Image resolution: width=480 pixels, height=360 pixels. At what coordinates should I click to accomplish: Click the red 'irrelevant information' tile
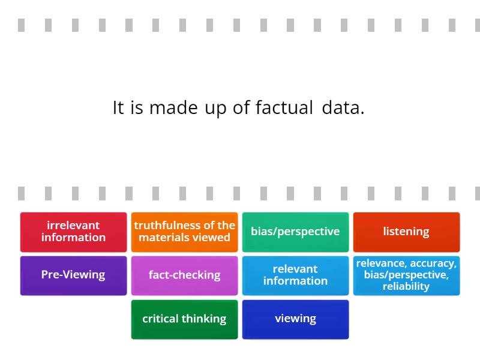pos(73,232)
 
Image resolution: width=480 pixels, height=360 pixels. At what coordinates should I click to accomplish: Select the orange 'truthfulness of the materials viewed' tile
pos(184,232)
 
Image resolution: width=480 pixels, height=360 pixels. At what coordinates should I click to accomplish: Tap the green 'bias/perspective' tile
pos(295,232)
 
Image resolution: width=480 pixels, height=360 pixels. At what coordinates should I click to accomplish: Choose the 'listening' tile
pos(406,232)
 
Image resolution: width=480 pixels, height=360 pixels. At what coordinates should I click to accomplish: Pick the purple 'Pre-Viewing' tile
pos(73,275)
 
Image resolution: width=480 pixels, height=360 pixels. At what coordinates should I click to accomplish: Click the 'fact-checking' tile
pos(184,275)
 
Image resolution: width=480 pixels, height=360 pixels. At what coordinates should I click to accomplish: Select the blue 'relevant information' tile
pos(295,275)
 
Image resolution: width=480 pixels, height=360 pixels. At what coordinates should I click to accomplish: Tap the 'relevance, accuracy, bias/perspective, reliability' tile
pos(406,275)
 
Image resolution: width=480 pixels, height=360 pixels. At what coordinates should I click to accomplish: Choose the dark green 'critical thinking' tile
pos(184,319)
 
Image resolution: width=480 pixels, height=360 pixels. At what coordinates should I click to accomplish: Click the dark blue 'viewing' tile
pos(295,319)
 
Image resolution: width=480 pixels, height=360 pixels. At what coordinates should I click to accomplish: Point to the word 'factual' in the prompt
pos(284,108)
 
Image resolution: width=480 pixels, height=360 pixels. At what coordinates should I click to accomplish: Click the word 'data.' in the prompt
pos(343,108)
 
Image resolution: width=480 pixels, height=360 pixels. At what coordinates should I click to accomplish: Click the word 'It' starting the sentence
pos(118,108)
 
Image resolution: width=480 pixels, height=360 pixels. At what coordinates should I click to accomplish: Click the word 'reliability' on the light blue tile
pos(406,286)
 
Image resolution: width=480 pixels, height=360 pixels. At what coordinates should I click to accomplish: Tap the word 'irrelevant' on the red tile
pos(73,226)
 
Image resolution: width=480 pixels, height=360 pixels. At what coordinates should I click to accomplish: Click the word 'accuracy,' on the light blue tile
pos(433,263)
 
